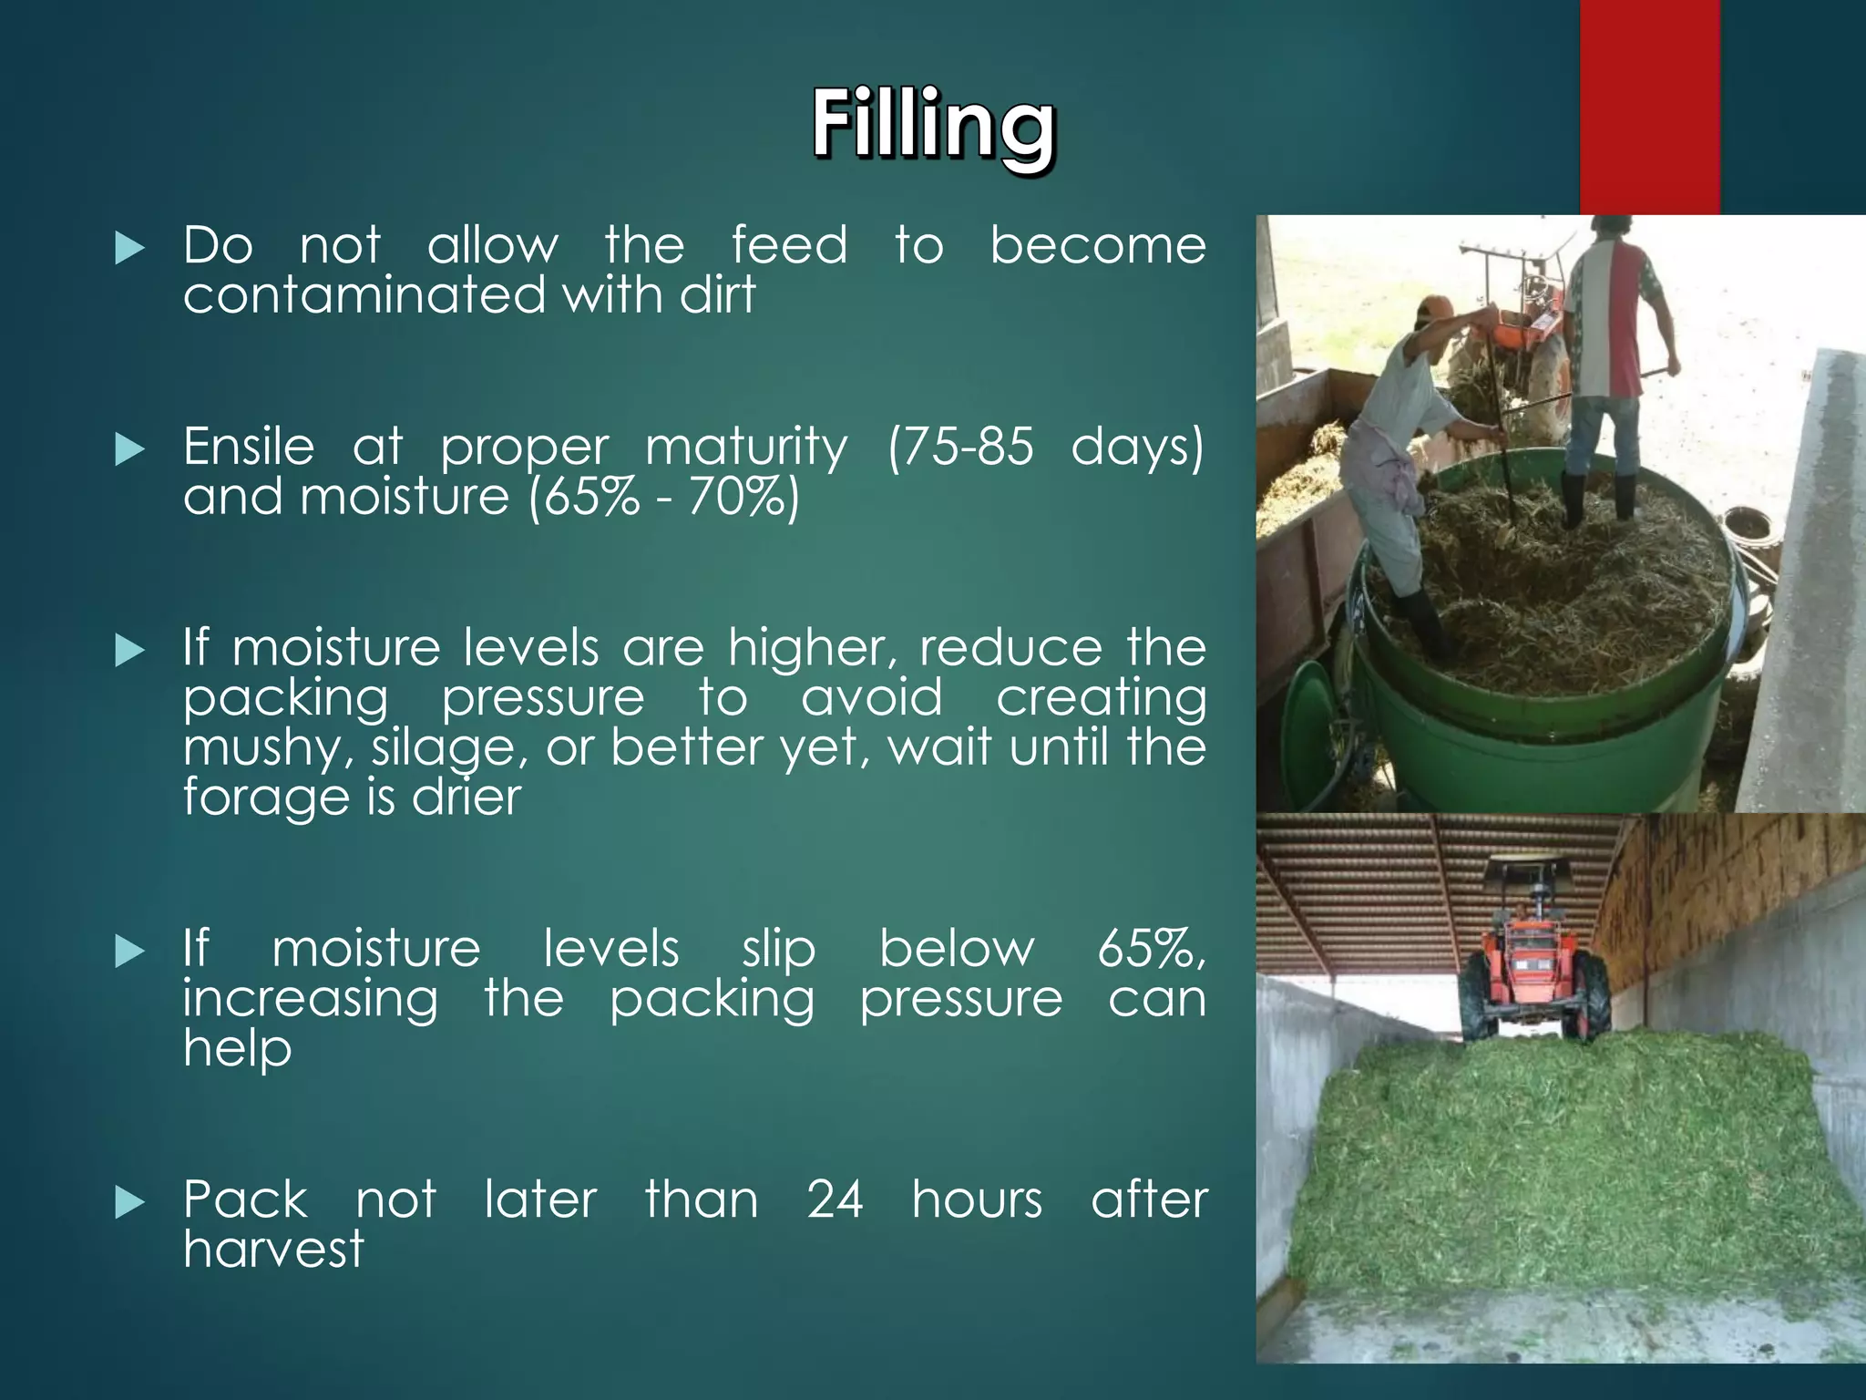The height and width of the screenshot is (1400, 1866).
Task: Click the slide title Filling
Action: click(x=933, y=126)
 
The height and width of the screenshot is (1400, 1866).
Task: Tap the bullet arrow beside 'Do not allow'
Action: click(x=130, y=248)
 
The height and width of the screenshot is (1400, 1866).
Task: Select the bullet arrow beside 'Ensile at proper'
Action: click(x=130, y=449)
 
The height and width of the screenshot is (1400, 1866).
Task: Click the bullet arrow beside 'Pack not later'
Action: click(x=130, y=1203)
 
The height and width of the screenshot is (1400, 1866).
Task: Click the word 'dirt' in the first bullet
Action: click(x=719, y=295)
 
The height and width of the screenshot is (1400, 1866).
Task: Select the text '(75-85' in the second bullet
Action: click(x=960, y=448)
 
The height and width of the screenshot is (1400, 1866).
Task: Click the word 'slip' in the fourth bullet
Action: click(x=778, y=950)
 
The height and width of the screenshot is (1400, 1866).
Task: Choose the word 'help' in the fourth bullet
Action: click(x=237, y=1048)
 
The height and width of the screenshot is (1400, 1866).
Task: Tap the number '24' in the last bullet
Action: click(x=835, y=1199)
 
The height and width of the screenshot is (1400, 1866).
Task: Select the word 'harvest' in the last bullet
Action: click(x=273, y=1249)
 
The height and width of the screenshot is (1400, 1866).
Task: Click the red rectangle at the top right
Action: click(x=1649, y=107)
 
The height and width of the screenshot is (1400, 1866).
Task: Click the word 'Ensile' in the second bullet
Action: click(x=249, y=448)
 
